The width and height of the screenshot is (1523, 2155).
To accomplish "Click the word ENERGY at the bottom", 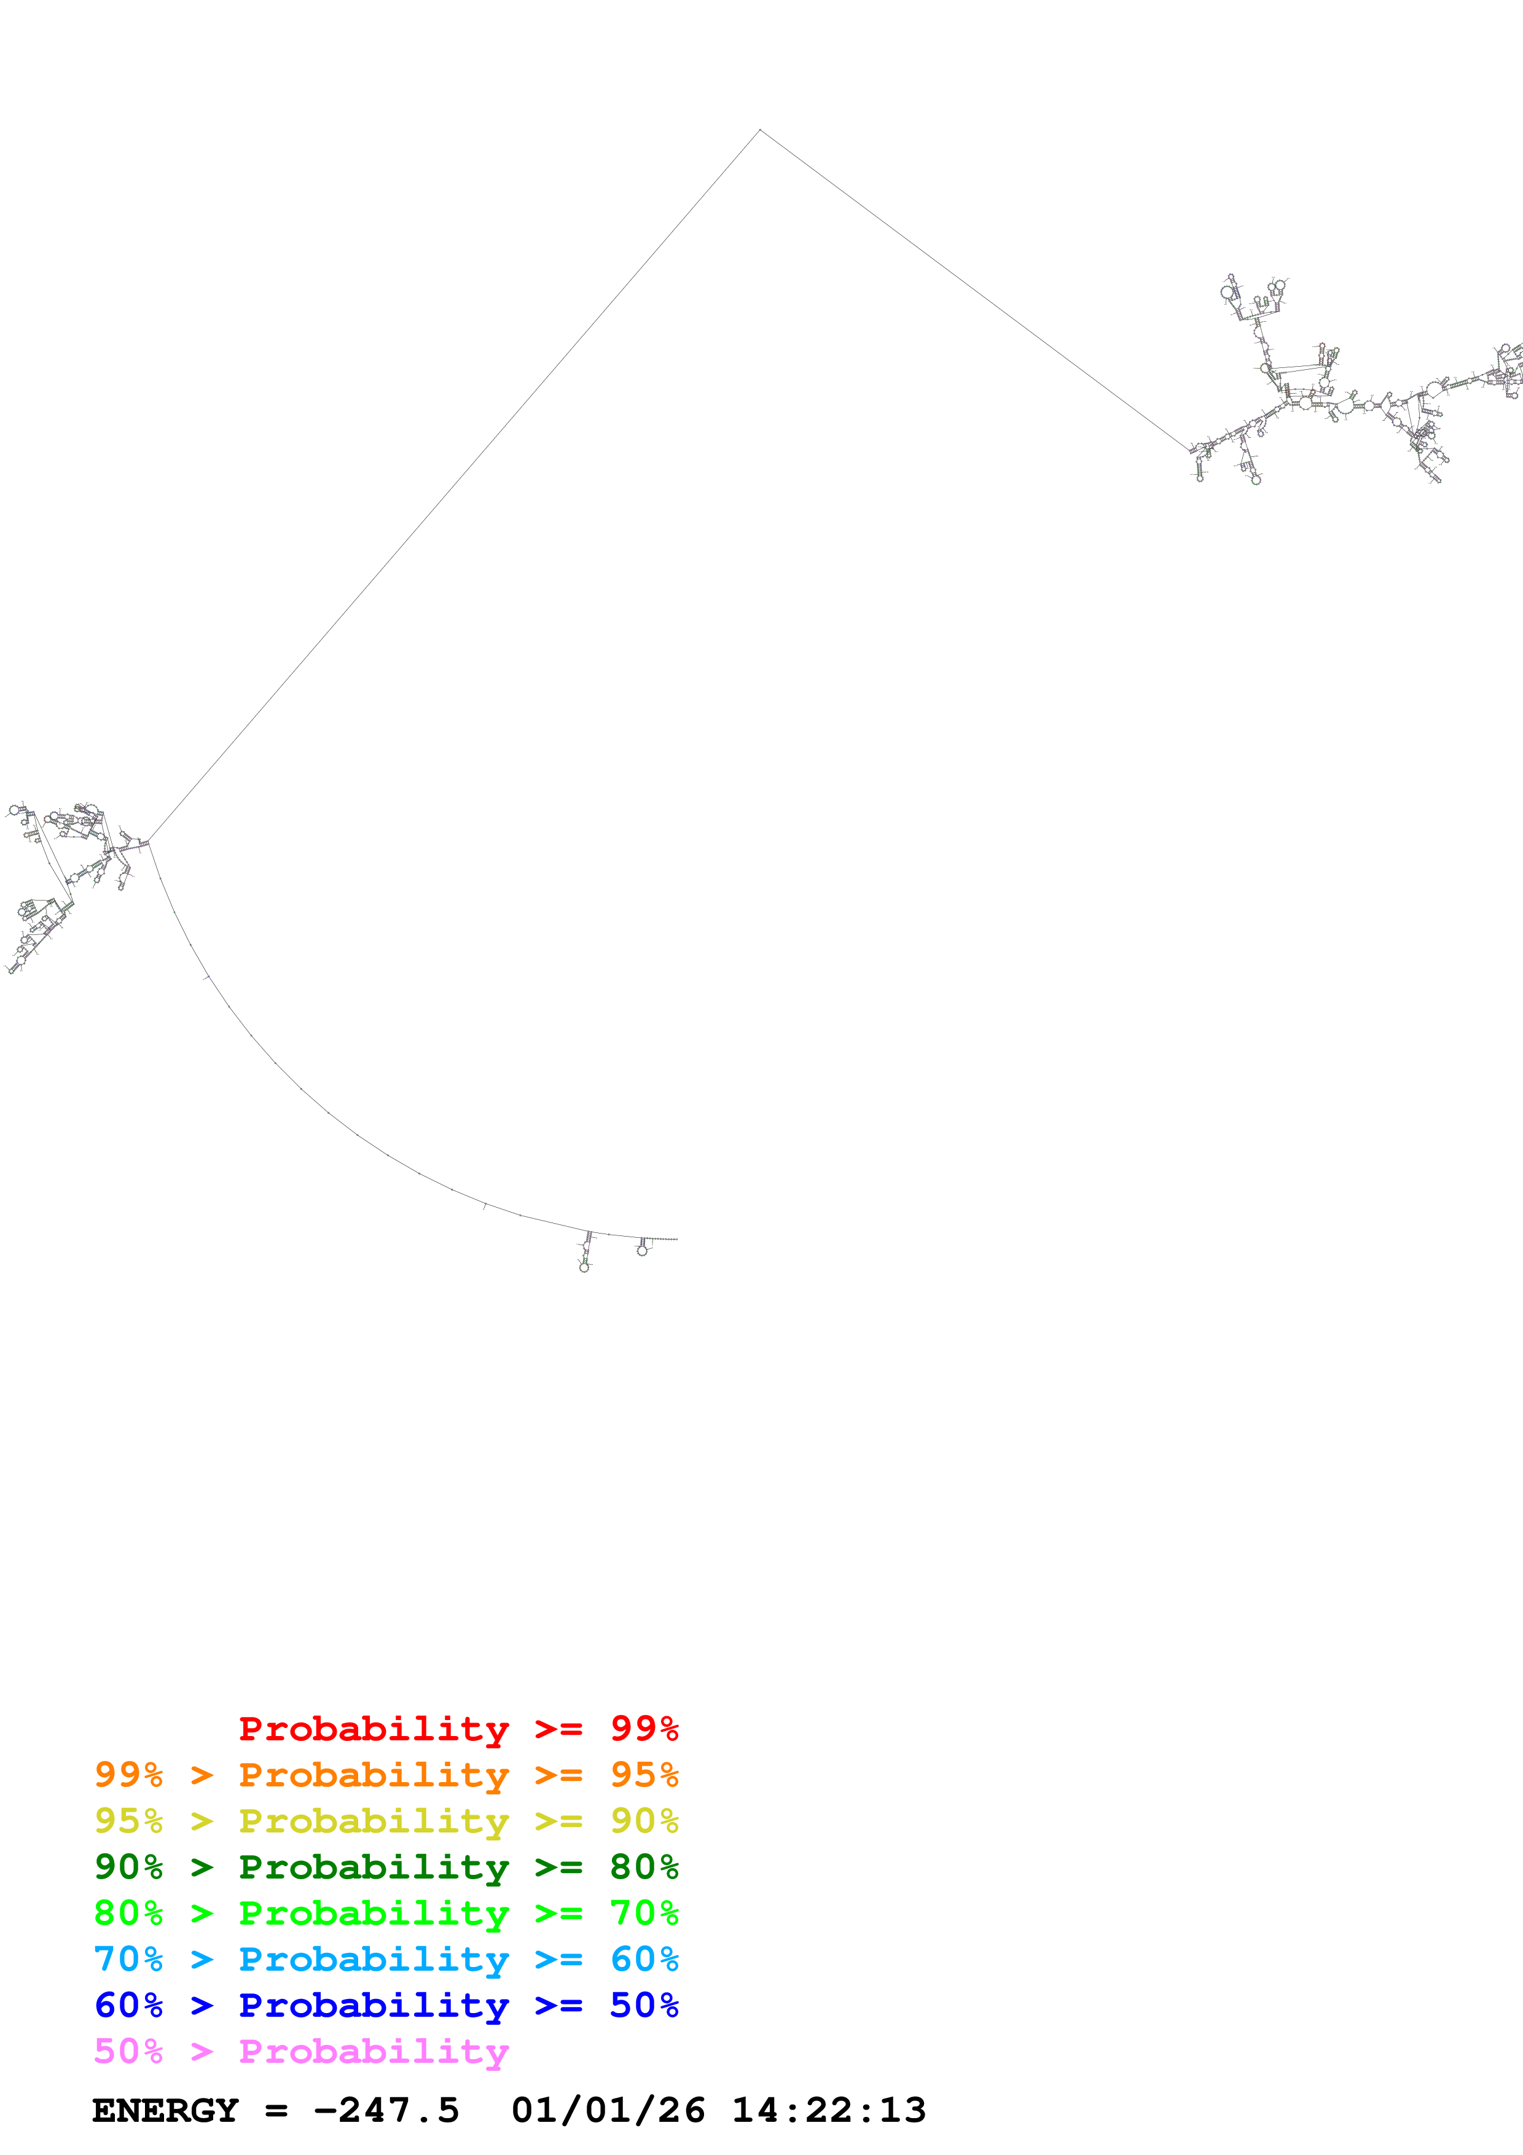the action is pyautogui.click(x=165, y=2111).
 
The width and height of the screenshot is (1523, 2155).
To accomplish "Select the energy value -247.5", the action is pyautogui.click(x=386, y=2111).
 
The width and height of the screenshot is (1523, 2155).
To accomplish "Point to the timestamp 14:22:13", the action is pyautogui.click(x=829, y=2111).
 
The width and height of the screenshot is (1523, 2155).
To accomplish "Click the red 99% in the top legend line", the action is pyautogui.click(x=644, y=1729).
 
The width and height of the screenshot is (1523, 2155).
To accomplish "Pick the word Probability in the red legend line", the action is pyautogui.click(x=374, y=1729).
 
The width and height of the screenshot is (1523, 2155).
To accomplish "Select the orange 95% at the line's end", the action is pyautogui.click(x=644, y=1775).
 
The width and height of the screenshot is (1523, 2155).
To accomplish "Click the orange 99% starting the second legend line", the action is pyautogui.click(x=128, y=1775).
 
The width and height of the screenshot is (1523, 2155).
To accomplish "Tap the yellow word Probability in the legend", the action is pyautogui.click(x=374, y=1821).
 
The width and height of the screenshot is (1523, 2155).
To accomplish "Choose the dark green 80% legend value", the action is pyautogui.click(x=644, y=1867).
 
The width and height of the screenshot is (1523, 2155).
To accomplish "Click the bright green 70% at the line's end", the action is pyautogui.click(x=644, y=1913).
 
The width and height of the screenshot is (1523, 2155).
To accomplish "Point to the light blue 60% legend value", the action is pyautogui.click(x=644, y=1959).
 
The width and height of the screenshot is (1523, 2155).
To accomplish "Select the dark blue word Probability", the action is pyautogui.click(x=374, y=2005).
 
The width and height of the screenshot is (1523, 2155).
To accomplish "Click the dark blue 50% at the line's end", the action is pyautogui.click(x=644, y=2005).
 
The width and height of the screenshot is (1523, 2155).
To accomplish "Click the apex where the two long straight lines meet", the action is pyautogui.click(x=760, y=130).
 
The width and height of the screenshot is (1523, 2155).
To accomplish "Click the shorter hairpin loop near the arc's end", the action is pyautogui.click(x=643, y=1248).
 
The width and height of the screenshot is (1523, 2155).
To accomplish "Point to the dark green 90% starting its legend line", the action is pyautogui.click(x=128, y=1867).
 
